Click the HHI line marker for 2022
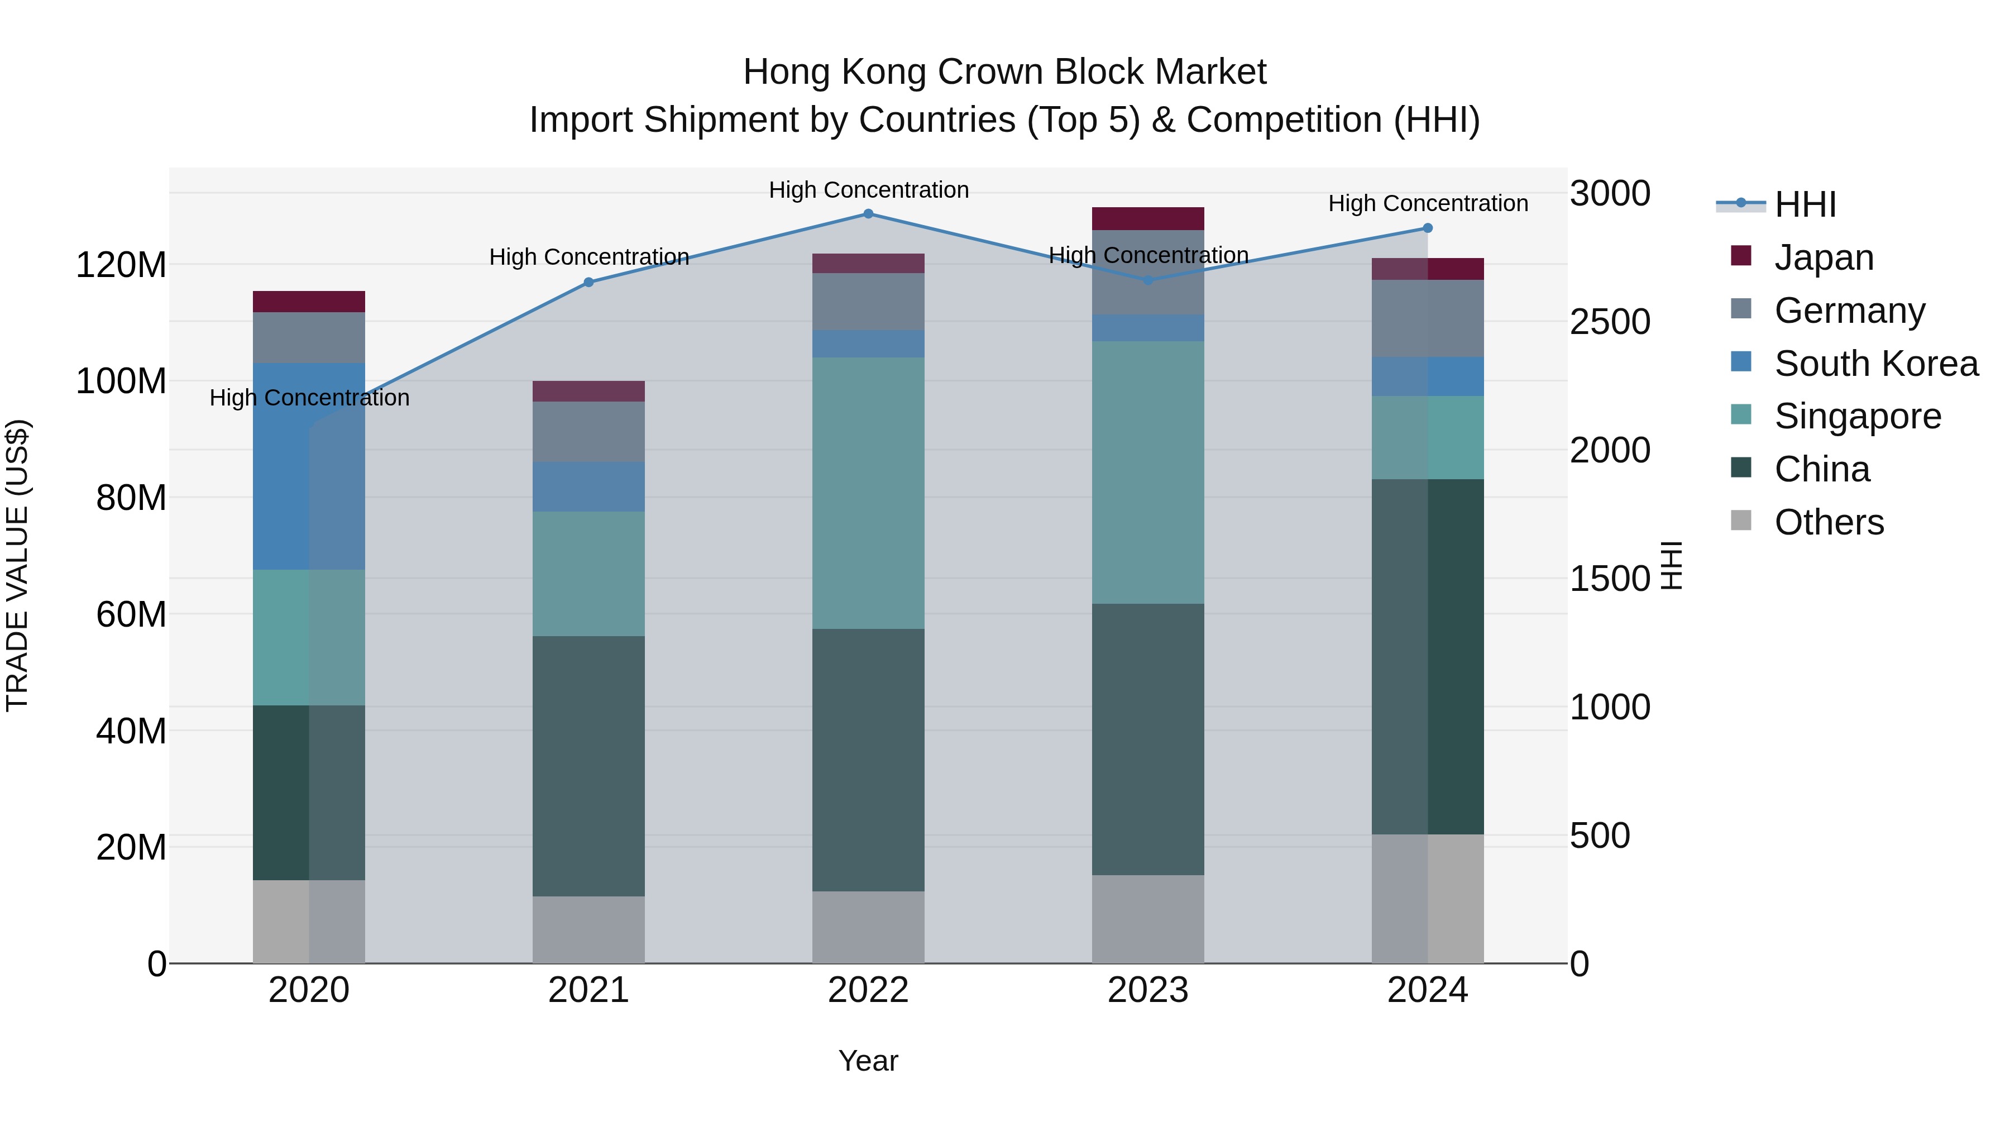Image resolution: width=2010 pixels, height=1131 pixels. click(x=868, y=214)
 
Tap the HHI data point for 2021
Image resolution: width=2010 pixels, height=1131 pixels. click(x=589, y=283)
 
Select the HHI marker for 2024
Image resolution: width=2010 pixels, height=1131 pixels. click(x=1427, y=228)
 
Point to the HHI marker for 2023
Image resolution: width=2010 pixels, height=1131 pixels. click(x=1148, y=280)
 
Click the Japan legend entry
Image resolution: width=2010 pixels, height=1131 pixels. click(x=1823, y=257)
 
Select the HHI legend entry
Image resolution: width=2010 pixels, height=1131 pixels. click(x=1805, y=204)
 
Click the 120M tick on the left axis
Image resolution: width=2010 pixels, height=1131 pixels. click(x=121, y=265)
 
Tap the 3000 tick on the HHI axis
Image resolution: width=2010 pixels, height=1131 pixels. click(x=1610, y=194)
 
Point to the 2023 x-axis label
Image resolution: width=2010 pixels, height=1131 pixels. click(x=1148, y=990)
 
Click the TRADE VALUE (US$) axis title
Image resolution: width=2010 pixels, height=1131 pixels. click(x=18, y=565)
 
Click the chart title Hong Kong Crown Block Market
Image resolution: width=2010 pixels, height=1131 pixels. click(x=1004, y=72)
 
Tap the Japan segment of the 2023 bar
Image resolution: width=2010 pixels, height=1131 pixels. click(x=1148, y=218)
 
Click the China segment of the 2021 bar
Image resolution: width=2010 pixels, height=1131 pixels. click(x=589, y=766)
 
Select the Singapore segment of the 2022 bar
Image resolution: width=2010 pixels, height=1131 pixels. click(x=868, y=493)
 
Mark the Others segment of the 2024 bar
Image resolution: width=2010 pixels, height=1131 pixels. click(x=1427, y=899)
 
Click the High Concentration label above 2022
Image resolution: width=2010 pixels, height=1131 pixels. click(x=868, y=190)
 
